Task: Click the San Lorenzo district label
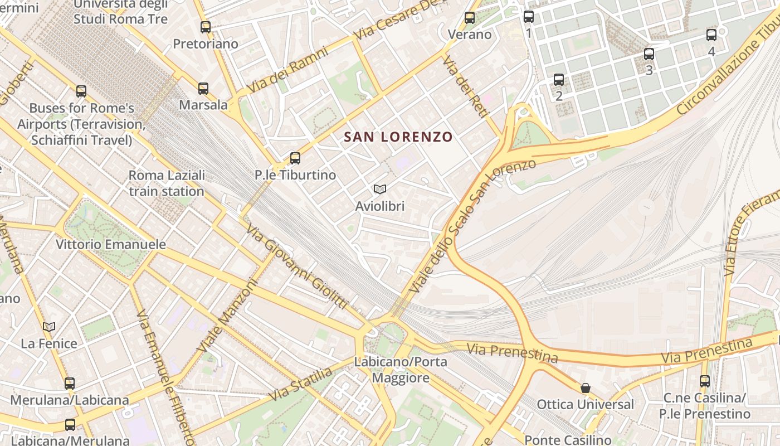click(x=398, y=137)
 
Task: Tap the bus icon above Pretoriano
click(x=206, y=27)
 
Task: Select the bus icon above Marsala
click(x=203, y=88)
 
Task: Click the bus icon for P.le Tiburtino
click(x=295, y=158)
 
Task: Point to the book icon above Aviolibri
click(x=380, y=190)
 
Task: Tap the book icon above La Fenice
click(x=49, y=327)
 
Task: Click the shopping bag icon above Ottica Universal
click(x=586, y=388)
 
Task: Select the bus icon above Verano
click(x=470, y=18)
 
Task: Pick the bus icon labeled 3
click(x=649, y=54)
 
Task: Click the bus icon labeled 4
click(x=711, y=35)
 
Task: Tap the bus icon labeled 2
click(x=559, y=80)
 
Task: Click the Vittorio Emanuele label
click(x=111, y=244)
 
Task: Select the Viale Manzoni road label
click(x=228, y=315)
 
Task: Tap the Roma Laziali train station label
click(x=167, y=183)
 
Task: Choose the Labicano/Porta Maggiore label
click(x=401, y=370)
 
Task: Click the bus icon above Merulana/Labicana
click(x=70, y=384)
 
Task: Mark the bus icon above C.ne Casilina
click(x=705, y=381)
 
